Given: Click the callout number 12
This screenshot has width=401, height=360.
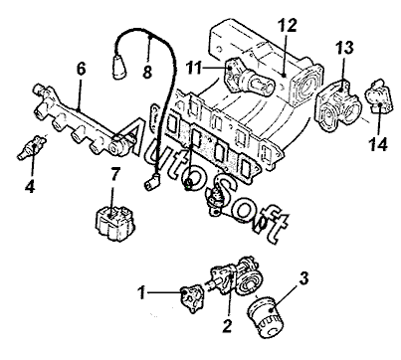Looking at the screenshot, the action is (288, 25).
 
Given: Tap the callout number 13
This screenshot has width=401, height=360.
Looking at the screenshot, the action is (344, 48).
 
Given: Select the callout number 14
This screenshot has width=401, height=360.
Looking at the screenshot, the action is (378, 144).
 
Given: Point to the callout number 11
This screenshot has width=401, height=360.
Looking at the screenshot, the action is (194, 69).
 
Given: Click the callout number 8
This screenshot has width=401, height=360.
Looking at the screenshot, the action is (147, 72).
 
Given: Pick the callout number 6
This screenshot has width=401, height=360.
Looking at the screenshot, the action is (82, 69).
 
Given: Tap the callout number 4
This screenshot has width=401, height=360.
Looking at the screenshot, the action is (30, 187).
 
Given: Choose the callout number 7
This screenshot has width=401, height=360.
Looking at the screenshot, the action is (114, 175).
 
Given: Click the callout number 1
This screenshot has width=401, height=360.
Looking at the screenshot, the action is (142, 292).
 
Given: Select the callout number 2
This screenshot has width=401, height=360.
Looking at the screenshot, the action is (227, 325).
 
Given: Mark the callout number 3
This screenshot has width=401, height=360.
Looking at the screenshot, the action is (303, 278).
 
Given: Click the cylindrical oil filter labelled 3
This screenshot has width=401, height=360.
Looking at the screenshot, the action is (266, 316).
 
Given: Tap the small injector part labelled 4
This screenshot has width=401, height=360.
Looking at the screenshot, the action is (32, 147).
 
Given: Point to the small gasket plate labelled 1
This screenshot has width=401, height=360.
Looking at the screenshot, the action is (191, 298).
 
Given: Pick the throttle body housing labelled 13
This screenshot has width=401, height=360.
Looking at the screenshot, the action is (337, 105).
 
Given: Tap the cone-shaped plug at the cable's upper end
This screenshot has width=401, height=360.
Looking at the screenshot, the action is (119, 68).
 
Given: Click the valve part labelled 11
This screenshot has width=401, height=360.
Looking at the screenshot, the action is (248, 77).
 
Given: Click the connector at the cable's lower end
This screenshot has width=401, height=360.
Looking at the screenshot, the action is (151, 182).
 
